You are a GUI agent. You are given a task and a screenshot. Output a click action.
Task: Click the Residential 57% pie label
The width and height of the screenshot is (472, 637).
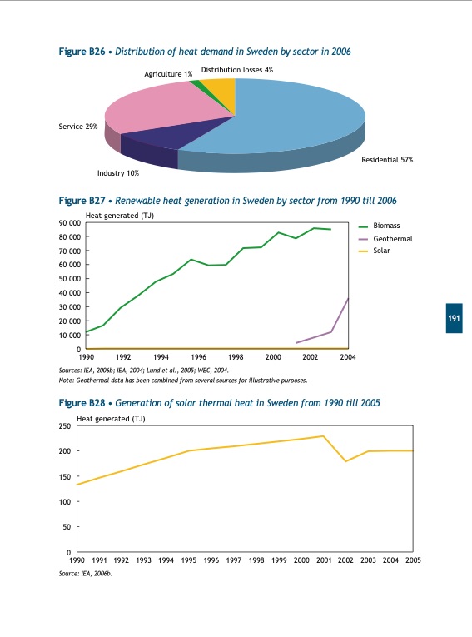[386, 158]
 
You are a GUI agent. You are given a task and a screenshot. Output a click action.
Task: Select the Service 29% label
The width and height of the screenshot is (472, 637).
[78, 127]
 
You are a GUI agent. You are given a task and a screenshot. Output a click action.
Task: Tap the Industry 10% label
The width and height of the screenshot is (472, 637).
[118, 173]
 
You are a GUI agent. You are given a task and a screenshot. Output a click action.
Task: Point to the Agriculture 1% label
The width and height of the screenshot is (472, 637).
[168, 74]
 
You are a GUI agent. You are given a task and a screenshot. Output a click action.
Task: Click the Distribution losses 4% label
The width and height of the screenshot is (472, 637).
[237, 70]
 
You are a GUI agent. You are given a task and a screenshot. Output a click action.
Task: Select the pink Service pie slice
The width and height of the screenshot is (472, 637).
[158, 108]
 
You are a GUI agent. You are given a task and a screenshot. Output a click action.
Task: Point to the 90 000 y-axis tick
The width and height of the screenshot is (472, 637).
[69, 223]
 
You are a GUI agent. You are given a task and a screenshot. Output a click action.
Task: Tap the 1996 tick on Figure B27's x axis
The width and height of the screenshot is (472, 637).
[199, 357]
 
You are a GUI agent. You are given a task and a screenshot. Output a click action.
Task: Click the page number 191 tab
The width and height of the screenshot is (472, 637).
[454, 319]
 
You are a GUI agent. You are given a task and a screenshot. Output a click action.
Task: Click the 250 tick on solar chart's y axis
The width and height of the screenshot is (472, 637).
[64, 426]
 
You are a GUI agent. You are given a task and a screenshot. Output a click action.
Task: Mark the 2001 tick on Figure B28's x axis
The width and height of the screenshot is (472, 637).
[324, 560]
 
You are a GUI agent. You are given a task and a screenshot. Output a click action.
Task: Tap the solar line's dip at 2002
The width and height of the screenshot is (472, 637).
[346, 461]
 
